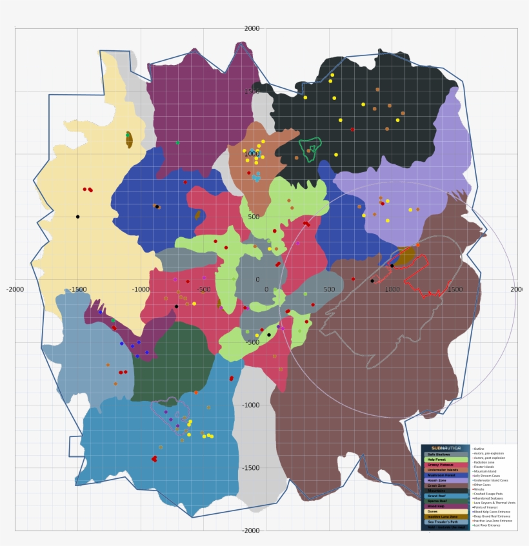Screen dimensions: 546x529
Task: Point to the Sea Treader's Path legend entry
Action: [443, 522]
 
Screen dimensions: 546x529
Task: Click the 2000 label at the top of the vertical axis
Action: [252, 28]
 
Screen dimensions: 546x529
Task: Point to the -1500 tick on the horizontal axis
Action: [78, 289]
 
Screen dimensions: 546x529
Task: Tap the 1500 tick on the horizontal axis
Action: [455, 289]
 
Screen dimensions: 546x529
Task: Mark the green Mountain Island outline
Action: [312, 148]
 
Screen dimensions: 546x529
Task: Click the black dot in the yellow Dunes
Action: [77, 217]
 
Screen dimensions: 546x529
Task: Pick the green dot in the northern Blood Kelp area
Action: [177, 142]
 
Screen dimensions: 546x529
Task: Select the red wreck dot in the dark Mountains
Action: [352, 130]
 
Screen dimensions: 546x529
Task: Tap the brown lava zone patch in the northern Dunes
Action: [129, 140]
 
